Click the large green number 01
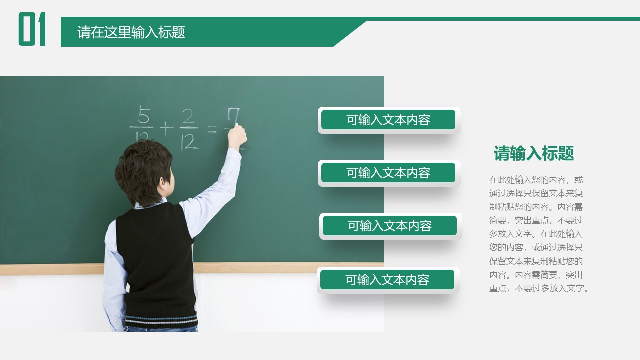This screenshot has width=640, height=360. point(32,29)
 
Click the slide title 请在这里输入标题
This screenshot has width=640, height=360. point(131,32)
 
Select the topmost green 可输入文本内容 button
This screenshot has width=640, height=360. point(388,120)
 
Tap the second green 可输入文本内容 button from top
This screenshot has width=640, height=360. point(388,173)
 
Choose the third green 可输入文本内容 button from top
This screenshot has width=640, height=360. point(390,226)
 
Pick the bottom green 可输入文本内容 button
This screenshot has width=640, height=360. point(387,280)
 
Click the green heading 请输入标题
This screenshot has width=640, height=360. point(534,153)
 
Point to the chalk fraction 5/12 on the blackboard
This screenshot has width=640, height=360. point(143,125)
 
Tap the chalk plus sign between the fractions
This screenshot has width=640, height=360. point(166,128)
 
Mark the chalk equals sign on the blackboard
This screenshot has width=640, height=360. point(212,129)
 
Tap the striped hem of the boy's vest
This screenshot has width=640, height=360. point(161,320)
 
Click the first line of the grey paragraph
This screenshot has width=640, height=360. point(536,180)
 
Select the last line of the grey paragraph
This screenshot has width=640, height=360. point(539,288)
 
